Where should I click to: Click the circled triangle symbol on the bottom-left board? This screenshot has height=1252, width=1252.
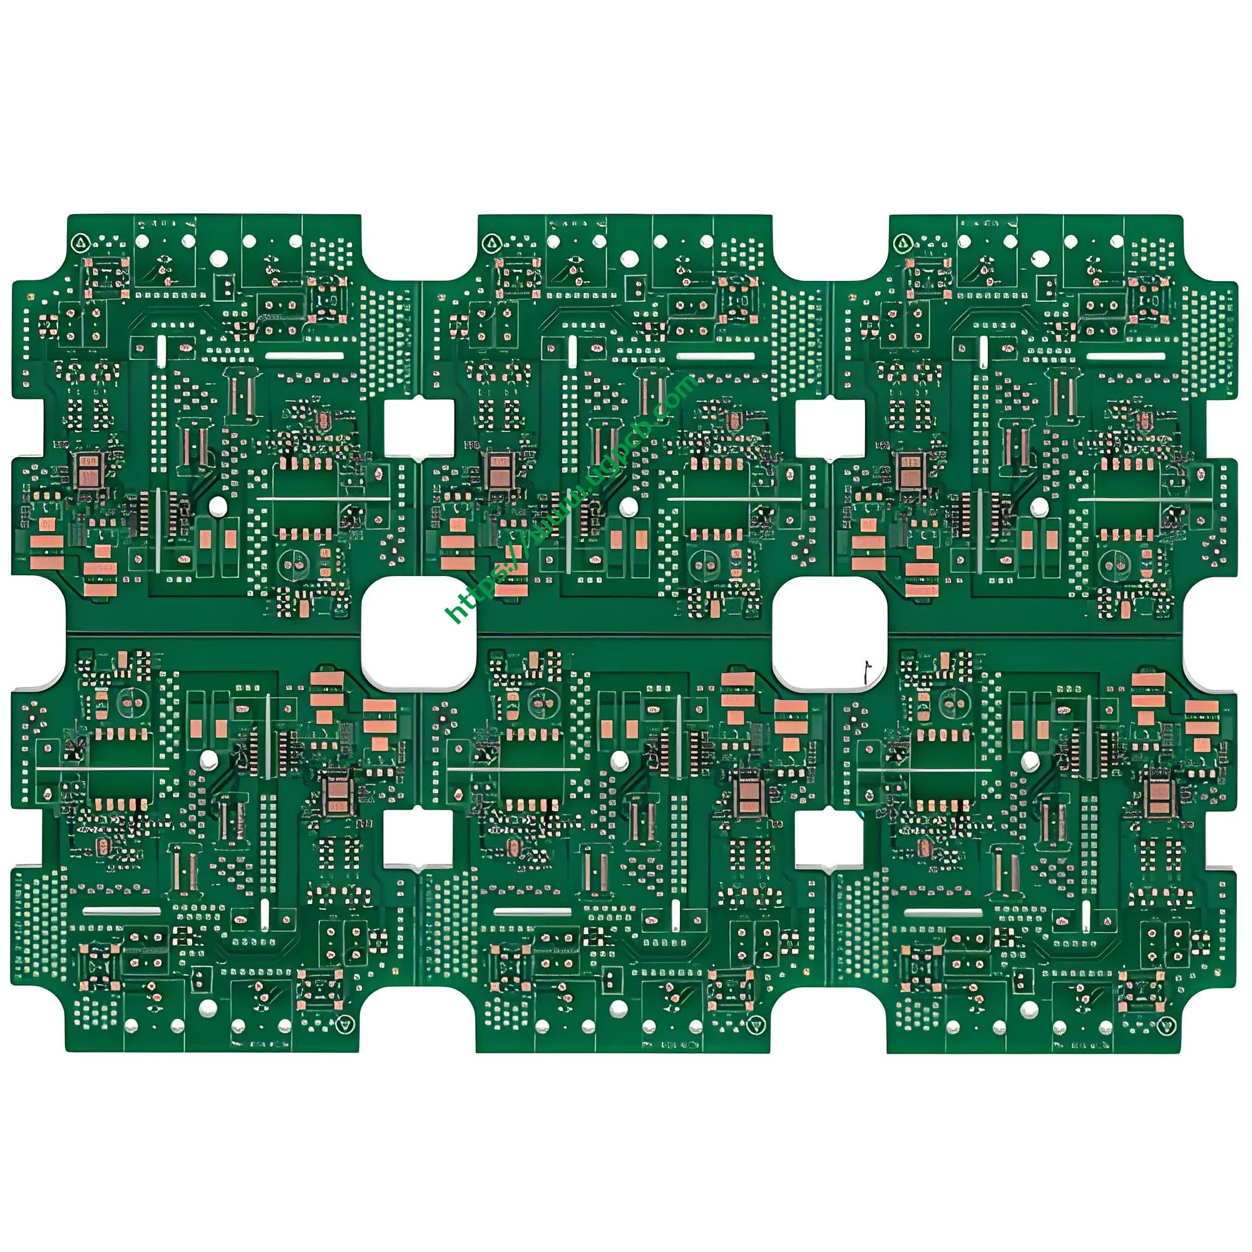[x=346, y=1025]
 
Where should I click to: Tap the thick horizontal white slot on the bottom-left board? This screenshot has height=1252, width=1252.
[x=122, y=911]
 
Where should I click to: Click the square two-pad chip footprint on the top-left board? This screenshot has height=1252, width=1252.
[x=88, y=471]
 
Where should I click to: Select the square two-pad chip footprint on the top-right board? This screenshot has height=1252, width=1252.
[x=910, y=471]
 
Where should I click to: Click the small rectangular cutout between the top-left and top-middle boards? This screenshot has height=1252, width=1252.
[x=419, y=427]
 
